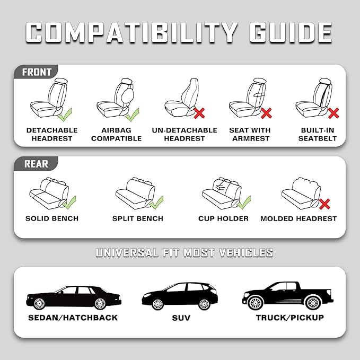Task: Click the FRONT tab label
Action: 36,72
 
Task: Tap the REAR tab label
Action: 35,164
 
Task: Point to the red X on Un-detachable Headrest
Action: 199,113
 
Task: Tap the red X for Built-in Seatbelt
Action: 333,113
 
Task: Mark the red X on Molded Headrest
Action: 324,203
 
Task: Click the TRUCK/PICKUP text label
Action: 289,318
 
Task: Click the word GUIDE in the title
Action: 287,32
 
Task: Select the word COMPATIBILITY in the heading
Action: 131,32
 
